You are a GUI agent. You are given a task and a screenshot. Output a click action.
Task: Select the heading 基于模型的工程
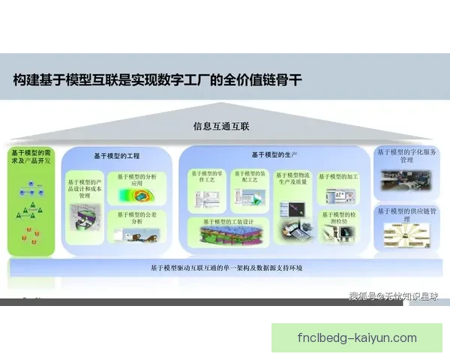117,156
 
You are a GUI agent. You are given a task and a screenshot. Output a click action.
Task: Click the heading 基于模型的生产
274,155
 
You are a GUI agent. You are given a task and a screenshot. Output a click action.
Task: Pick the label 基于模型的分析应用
137,180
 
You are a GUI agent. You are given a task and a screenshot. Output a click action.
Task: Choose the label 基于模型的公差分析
137,218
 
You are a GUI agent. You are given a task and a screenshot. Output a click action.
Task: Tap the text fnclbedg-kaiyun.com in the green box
357,337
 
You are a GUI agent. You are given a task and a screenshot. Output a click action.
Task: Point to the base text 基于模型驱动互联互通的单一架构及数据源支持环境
225,268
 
